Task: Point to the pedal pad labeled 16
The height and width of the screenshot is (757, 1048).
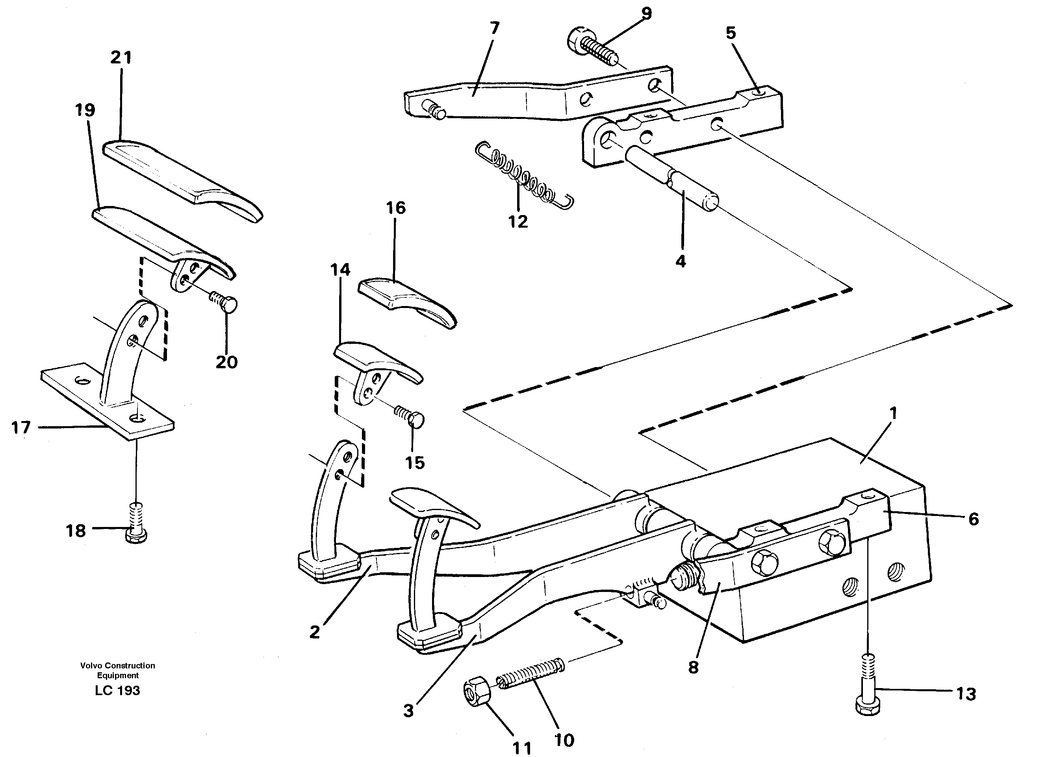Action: coord(406,301)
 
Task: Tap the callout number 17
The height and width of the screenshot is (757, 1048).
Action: coord(21,427)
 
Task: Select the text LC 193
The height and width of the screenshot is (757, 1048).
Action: coord(117,691)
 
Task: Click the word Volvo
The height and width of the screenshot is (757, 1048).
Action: coord(91,666)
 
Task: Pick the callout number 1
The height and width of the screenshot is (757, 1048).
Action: coord(893,413)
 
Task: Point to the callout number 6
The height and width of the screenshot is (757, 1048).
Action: coord(973,520)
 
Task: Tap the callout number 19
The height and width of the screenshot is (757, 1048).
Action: coord(85,110)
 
